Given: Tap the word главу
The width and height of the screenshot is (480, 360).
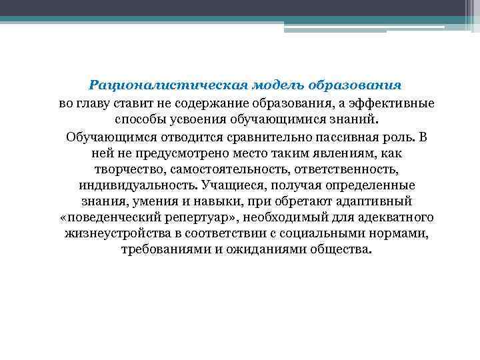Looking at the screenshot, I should point(97,104).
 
